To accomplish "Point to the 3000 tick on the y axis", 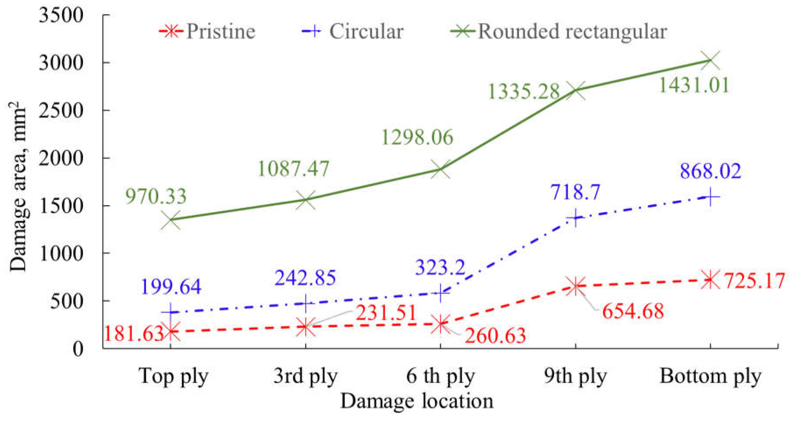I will coord(61,63).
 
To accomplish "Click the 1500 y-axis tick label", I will coord(61,206).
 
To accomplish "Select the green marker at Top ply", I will coord(170,220).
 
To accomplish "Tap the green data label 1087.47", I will coord(293,169).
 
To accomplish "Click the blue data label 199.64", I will coord(171,287).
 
